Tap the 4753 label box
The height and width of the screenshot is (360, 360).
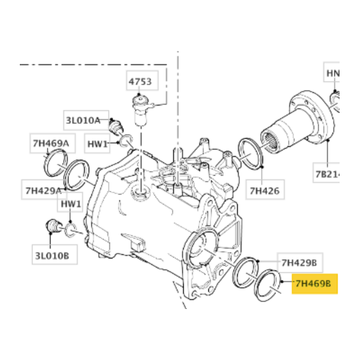tap(139, 82)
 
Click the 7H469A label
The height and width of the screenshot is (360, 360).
tap(50, 143)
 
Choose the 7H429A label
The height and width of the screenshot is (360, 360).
tap(43, 191)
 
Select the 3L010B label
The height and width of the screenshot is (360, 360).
tap(52, 256)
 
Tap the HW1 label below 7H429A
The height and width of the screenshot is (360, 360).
tap(71, 204)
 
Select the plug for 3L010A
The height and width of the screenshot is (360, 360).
tap(115, 128)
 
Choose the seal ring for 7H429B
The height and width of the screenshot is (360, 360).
tap(245, 273)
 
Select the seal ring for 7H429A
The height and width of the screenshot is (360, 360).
tap(77, 175)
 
